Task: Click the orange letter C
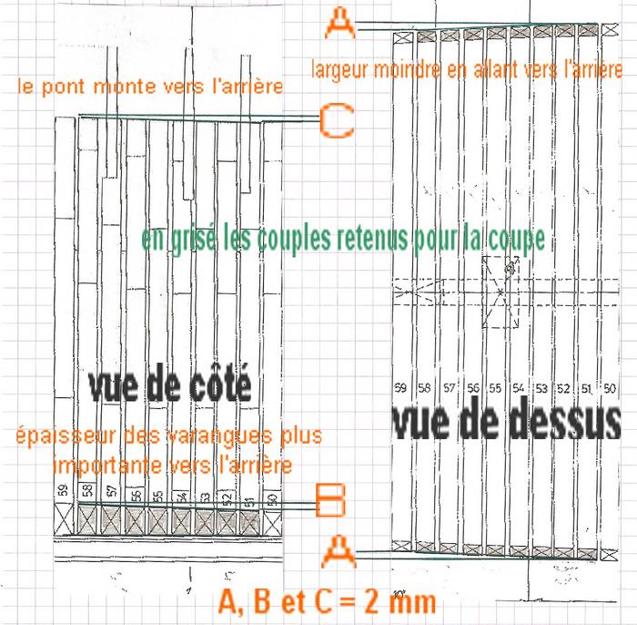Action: [x=336, y=119]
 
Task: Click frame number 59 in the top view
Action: [x=399, y=387]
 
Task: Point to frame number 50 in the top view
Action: [x=610, y=387]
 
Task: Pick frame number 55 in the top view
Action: [x=495, y=387]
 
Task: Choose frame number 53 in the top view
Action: [x=541, y=387]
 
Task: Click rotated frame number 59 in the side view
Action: [x=63, y=492]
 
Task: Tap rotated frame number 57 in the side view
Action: [x=111, y=492]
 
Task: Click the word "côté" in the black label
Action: [x=212, y=387]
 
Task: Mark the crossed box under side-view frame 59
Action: [x=63, y=519]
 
